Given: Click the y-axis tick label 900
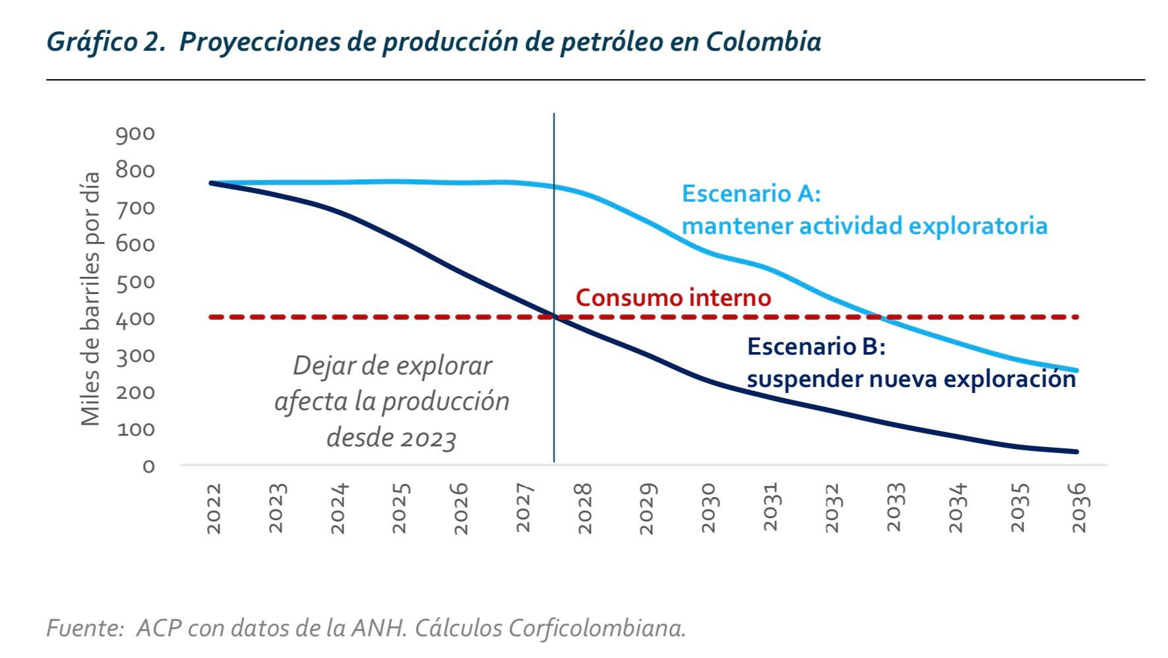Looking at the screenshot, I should [135, 134].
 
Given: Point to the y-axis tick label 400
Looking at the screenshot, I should [135, 319].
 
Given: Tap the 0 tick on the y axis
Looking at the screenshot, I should [148, 466].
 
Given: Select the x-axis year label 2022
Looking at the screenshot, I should [214, 508].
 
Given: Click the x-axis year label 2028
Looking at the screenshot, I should [584, 508].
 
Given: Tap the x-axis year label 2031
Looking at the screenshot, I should [770, 508].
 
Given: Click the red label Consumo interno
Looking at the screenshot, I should [673, 297].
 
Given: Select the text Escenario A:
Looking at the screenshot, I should [751, 194].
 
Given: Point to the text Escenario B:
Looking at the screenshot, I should [816, 346].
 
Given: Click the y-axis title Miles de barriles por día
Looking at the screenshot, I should [90, 299].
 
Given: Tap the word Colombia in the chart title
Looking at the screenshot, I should [763, 42].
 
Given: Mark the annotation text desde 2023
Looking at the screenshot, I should [391, 437].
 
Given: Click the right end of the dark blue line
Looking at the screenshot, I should [1076, 452].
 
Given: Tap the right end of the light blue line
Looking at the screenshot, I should [1076, 371].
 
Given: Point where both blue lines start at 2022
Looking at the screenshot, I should [211, 183].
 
